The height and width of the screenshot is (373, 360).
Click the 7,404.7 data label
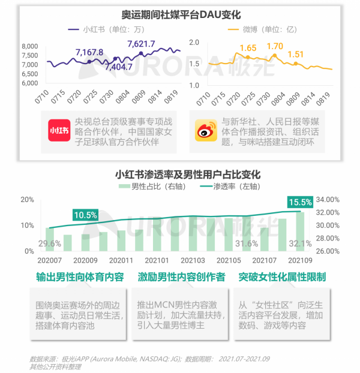[118, 67]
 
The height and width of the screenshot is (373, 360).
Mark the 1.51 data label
[296, 55]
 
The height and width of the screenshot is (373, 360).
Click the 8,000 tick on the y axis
[30, 47]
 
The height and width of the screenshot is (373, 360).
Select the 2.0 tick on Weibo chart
[193, 43]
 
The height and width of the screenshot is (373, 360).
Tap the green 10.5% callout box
[85, 215]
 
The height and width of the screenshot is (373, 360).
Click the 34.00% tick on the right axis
[328, 200]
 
